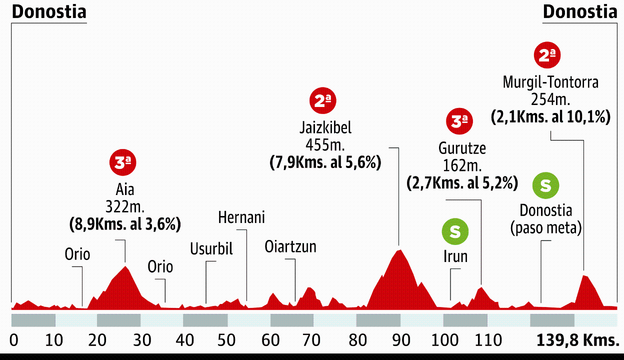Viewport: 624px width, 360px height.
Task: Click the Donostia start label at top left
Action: (x=49, y=12)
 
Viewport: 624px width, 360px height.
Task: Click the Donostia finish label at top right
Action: (x=580, y=12)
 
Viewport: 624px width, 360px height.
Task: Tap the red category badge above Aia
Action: (x=123, y=163)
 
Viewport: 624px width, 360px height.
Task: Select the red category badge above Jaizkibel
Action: (x=323, y=101)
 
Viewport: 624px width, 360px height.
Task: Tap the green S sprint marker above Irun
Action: (x=455, y=231)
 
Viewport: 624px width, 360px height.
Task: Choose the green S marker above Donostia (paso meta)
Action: (x=545, y=185)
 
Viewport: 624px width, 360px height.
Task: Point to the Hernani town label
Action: (x=241, y=218)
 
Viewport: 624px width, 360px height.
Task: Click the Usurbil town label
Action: (x=211, y=248)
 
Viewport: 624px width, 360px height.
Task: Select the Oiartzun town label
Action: (x=290, y=246)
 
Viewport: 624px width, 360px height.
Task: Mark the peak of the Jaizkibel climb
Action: (x=399, y=249)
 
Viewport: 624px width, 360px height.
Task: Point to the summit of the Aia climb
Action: (x=125, y=266)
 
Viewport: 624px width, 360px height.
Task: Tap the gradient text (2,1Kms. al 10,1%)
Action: (x=550, y=117)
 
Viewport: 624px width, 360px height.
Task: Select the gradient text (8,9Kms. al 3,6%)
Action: (x=124, y=224)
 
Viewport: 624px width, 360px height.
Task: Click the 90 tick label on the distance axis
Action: (x=402, y=341)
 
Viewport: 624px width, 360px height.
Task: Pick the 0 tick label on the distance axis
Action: (x=14, y=341)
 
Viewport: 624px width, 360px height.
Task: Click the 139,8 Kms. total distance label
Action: (x=577, y=341)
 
